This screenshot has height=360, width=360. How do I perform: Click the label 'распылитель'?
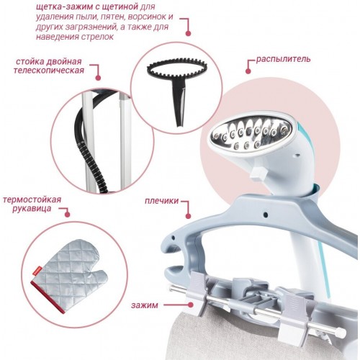[x=283, y=59]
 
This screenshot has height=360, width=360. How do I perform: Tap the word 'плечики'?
[x=161, y=201]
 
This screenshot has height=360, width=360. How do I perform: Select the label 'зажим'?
[x=145, y=305]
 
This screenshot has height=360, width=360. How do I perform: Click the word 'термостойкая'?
[x=32, y=199]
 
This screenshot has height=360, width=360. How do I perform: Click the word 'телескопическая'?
[x=49, y=71]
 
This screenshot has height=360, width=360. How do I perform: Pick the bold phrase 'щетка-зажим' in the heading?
[x=62, y=7]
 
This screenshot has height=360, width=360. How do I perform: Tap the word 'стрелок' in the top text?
[x=97, y=37]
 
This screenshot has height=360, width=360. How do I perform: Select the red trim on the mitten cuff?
[x=48, y=298]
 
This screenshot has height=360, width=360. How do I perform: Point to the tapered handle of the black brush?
[x=179, y=103]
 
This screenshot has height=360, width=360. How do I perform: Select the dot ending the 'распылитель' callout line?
[x=248, y=71]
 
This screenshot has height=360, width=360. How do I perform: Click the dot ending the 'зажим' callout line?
[x=191, y=305]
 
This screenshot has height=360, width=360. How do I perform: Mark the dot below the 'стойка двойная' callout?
[x=98, y=78]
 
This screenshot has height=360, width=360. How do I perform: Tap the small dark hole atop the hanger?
[x=266, y=214]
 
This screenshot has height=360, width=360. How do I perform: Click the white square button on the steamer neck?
[x=258, y=173]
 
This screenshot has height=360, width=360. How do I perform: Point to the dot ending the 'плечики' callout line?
[x=188, y=216]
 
